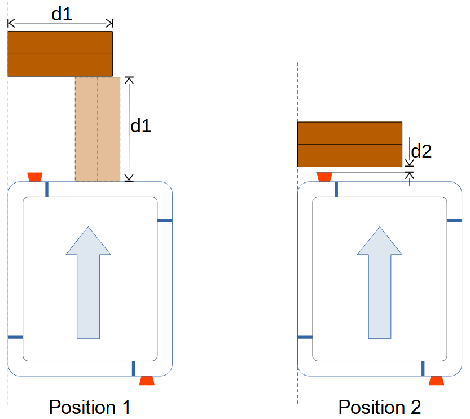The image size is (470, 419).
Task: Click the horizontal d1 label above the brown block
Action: tap(62, 14)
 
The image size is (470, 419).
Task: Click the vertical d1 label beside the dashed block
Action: tap(141, 126)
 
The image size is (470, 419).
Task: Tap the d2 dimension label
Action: tap(421, 151)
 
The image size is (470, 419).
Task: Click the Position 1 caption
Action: tap(90, 407)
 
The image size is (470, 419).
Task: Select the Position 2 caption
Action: tap(379, 407)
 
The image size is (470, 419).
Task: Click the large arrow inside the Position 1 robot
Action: tap(88, 282)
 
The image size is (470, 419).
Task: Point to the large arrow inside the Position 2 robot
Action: tap(380, 282)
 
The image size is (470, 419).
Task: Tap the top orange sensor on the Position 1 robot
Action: tap(35, 177)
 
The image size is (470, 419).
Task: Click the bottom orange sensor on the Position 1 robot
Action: tap(147, 381)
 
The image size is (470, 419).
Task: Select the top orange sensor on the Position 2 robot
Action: tap(324, 177)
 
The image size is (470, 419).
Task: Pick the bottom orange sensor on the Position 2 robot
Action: tap(437, 381)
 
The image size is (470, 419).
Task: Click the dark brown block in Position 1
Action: tap(60, 54)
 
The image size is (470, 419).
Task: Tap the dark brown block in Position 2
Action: tap(350, 144)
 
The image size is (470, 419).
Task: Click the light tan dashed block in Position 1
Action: tap(98, 129)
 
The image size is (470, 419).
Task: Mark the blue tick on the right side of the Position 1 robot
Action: tap(164, 221)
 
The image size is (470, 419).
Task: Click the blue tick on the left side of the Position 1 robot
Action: tap(15, 337)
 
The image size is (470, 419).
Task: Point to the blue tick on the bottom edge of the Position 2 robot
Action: tap(423, 368)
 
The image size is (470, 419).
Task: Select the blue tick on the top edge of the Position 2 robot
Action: tap(337, 189)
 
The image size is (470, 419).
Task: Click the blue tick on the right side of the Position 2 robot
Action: tap(454, 221)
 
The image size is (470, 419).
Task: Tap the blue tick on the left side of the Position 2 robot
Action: tap(305, 337)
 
